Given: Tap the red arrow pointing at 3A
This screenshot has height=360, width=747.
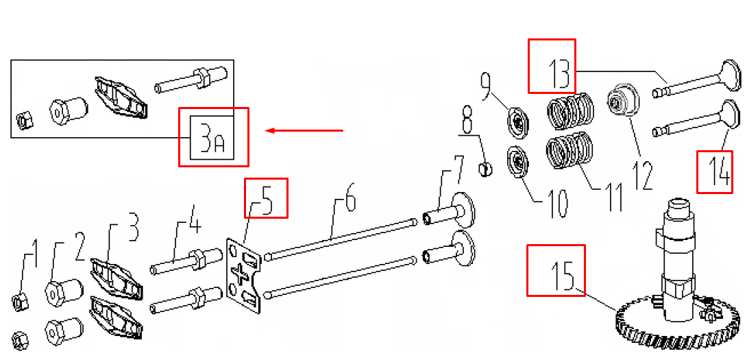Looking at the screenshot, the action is pyautogui.click(x=304, y=130).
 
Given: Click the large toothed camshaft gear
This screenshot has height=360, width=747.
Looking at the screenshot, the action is pyautogui.click(x=679, y=325).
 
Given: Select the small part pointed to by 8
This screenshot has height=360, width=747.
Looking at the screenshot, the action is pyautogui.click(x=485, y=168).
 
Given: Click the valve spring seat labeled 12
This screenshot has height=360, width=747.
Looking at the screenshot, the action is pyautogui.click(x=623, y=99).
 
